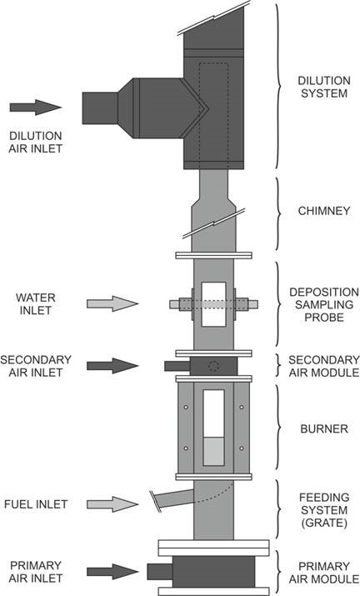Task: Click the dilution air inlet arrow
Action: pos(35,108)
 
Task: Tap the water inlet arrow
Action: pos(112,303)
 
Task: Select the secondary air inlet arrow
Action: pos(112,366)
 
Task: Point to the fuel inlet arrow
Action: pos(112,504)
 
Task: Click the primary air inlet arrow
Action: pos(112,572)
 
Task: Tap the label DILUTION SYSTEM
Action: pos(324,87)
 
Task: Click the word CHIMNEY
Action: pos(324,211)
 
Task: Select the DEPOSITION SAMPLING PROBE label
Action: pos(324,304)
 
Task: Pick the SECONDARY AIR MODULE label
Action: pos(324,366)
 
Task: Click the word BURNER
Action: pos(324,429)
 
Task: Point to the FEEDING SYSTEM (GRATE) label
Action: pos(324,510)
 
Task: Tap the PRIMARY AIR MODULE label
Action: pos(324,572)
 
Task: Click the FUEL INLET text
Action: pos(36,504)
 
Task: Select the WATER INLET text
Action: pos(36,304)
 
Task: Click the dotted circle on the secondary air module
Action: pos(214,367)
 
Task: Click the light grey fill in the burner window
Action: pos(213,451)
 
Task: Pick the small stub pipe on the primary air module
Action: pos(160,572)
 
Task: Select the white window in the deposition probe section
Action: pos(213,304)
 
